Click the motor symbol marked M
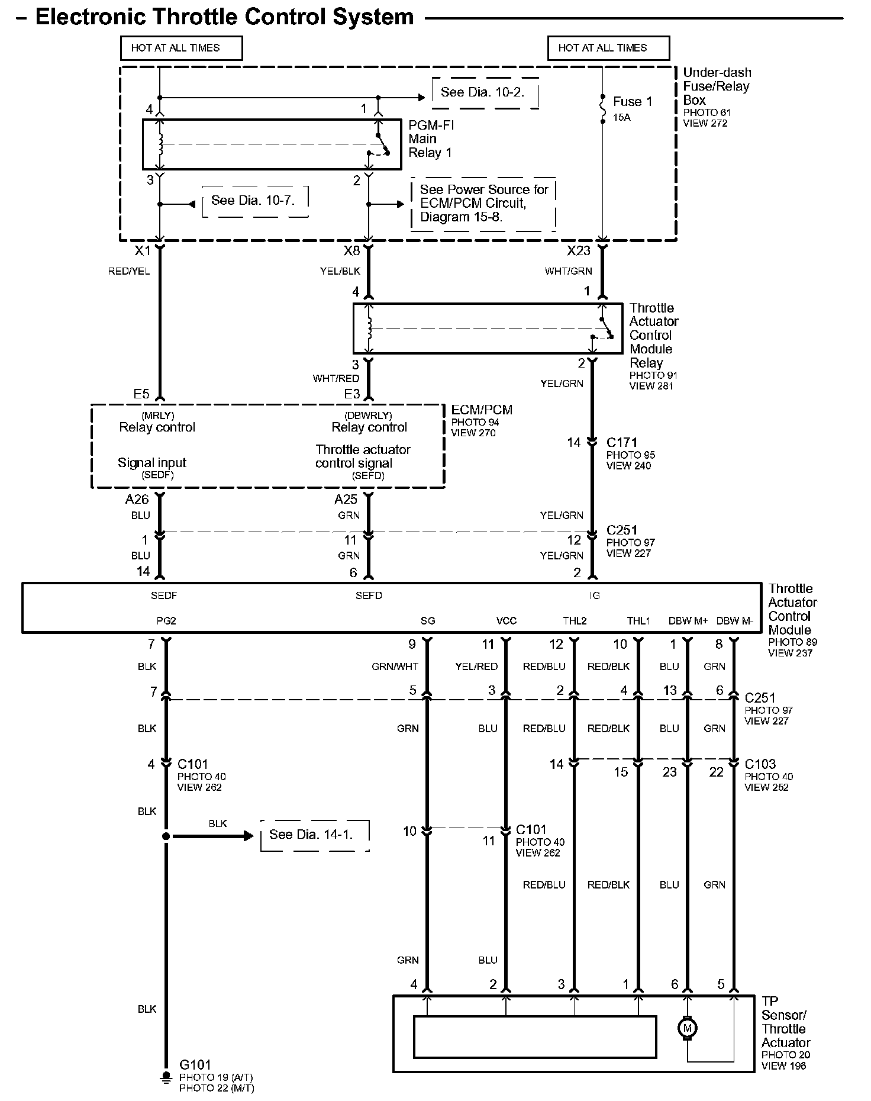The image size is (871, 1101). tap(687, 1028)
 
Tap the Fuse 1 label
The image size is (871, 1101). tap(632, 101)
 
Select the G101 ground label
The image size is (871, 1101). tap(195, 1065)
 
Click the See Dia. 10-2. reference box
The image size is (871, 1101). tap(482, 92)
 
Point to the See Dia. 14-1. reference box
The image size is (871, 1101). tap(311, 835)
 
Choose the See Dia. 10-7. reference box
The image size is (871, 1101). tap(253, 200)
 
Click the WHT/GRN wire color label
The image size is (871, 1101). tap(568, 272)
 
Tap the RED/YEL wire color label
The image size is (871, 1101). tap(129, 272)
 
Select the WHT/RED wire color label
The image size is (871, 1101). tap(336, 378)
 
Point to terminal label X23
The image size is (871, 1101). tap(578, 251)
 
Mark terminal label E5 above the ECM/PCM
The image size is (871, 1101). tap(141, 394)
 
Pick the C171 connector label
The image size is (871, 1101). tap(622, 442)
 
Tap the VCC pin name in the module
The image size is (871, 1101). tap(506, 621)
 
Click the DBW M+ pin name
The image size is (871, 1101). tap(688, 621)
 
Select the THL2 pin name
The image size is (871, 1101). tap(575, 621)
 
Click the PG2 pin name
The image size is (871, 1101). tap(166, 621)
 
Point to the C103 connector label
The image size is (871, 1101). tap(760, 764)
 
